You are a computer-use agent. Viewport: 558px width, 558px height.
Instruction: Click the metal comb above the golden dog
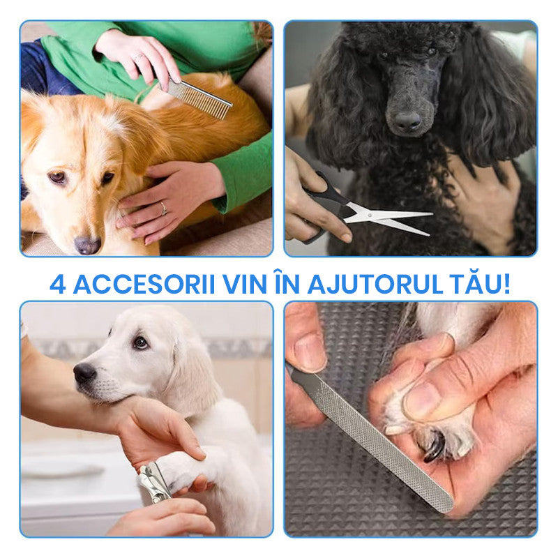[x=199, y=98]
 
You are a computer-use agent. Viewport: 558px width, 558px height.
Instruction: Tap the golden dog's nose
[x=87, y=246]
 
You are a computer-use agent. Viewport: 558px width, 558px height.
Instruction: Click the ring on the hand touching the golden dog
[x=163, y=208]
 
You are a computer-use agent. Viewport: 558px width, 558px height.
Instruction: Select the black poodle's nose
[x=407, y=121]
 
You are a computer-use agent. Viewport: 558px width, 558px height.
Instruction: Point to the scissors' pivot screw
[x=370, y=215]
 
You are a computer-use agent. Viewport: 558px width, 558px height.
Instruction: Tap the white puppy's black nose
[x=84, y=372]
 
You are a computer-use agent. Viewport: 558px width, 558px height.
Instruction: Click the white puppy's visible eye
[x=140, y=342]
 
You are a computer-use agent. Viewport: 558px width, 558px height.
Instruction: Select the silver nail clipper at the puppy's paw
[x=154, y=483]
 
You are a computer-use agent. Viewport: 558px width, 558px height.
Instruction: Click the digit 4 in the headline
[x=58, y=284]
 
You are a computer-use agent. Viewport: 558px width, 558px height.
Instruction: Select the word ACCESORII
[x=144, y=284]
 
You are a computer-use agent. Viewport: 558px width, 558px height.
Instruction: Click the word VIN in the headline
[x=245, y=284]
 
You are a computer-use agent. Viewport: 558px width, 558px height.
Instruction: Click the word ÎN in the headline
[x=287, y=282]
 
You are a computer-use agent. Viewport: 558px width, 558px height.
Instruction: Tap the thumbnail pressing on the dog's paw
[x=421, y=400]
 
